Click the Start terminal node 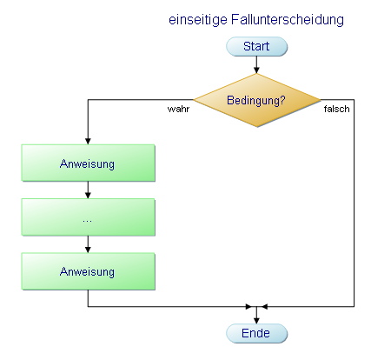point(256,46)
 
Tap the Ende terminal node point(256,333)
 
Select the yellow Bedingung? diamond point(256,100)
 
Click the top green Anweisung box point(88,163)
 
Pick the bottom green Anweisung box point(88,271)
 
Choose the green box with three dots point(88,217)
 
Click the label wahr point(179,111)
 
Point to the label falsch point(336,111)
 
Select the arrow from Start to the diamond point(256,63)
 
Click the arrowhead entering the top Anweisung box point(88,141)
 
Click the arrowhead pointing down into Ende point(256,319)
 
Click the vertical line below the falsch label point(354,209)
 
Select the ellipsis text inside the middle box point(88,218)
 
